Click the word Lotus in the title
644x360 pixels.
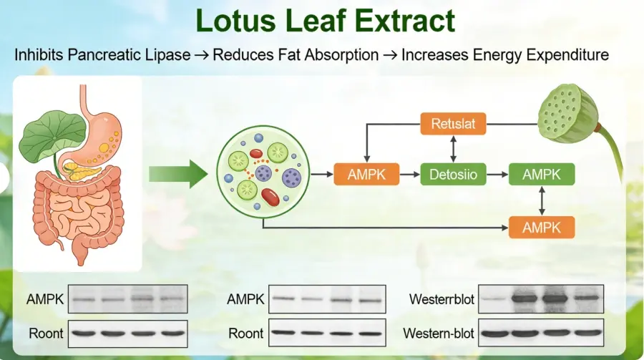click(232, 21)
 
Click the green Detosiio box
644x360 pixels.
click(453, 173)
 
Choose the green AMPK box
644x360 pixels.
click(541, 173)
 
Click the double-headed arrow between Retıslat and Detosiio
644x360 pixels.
click(453, 149)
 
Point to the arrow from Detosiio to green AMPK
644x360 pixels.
click(495, 173)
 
